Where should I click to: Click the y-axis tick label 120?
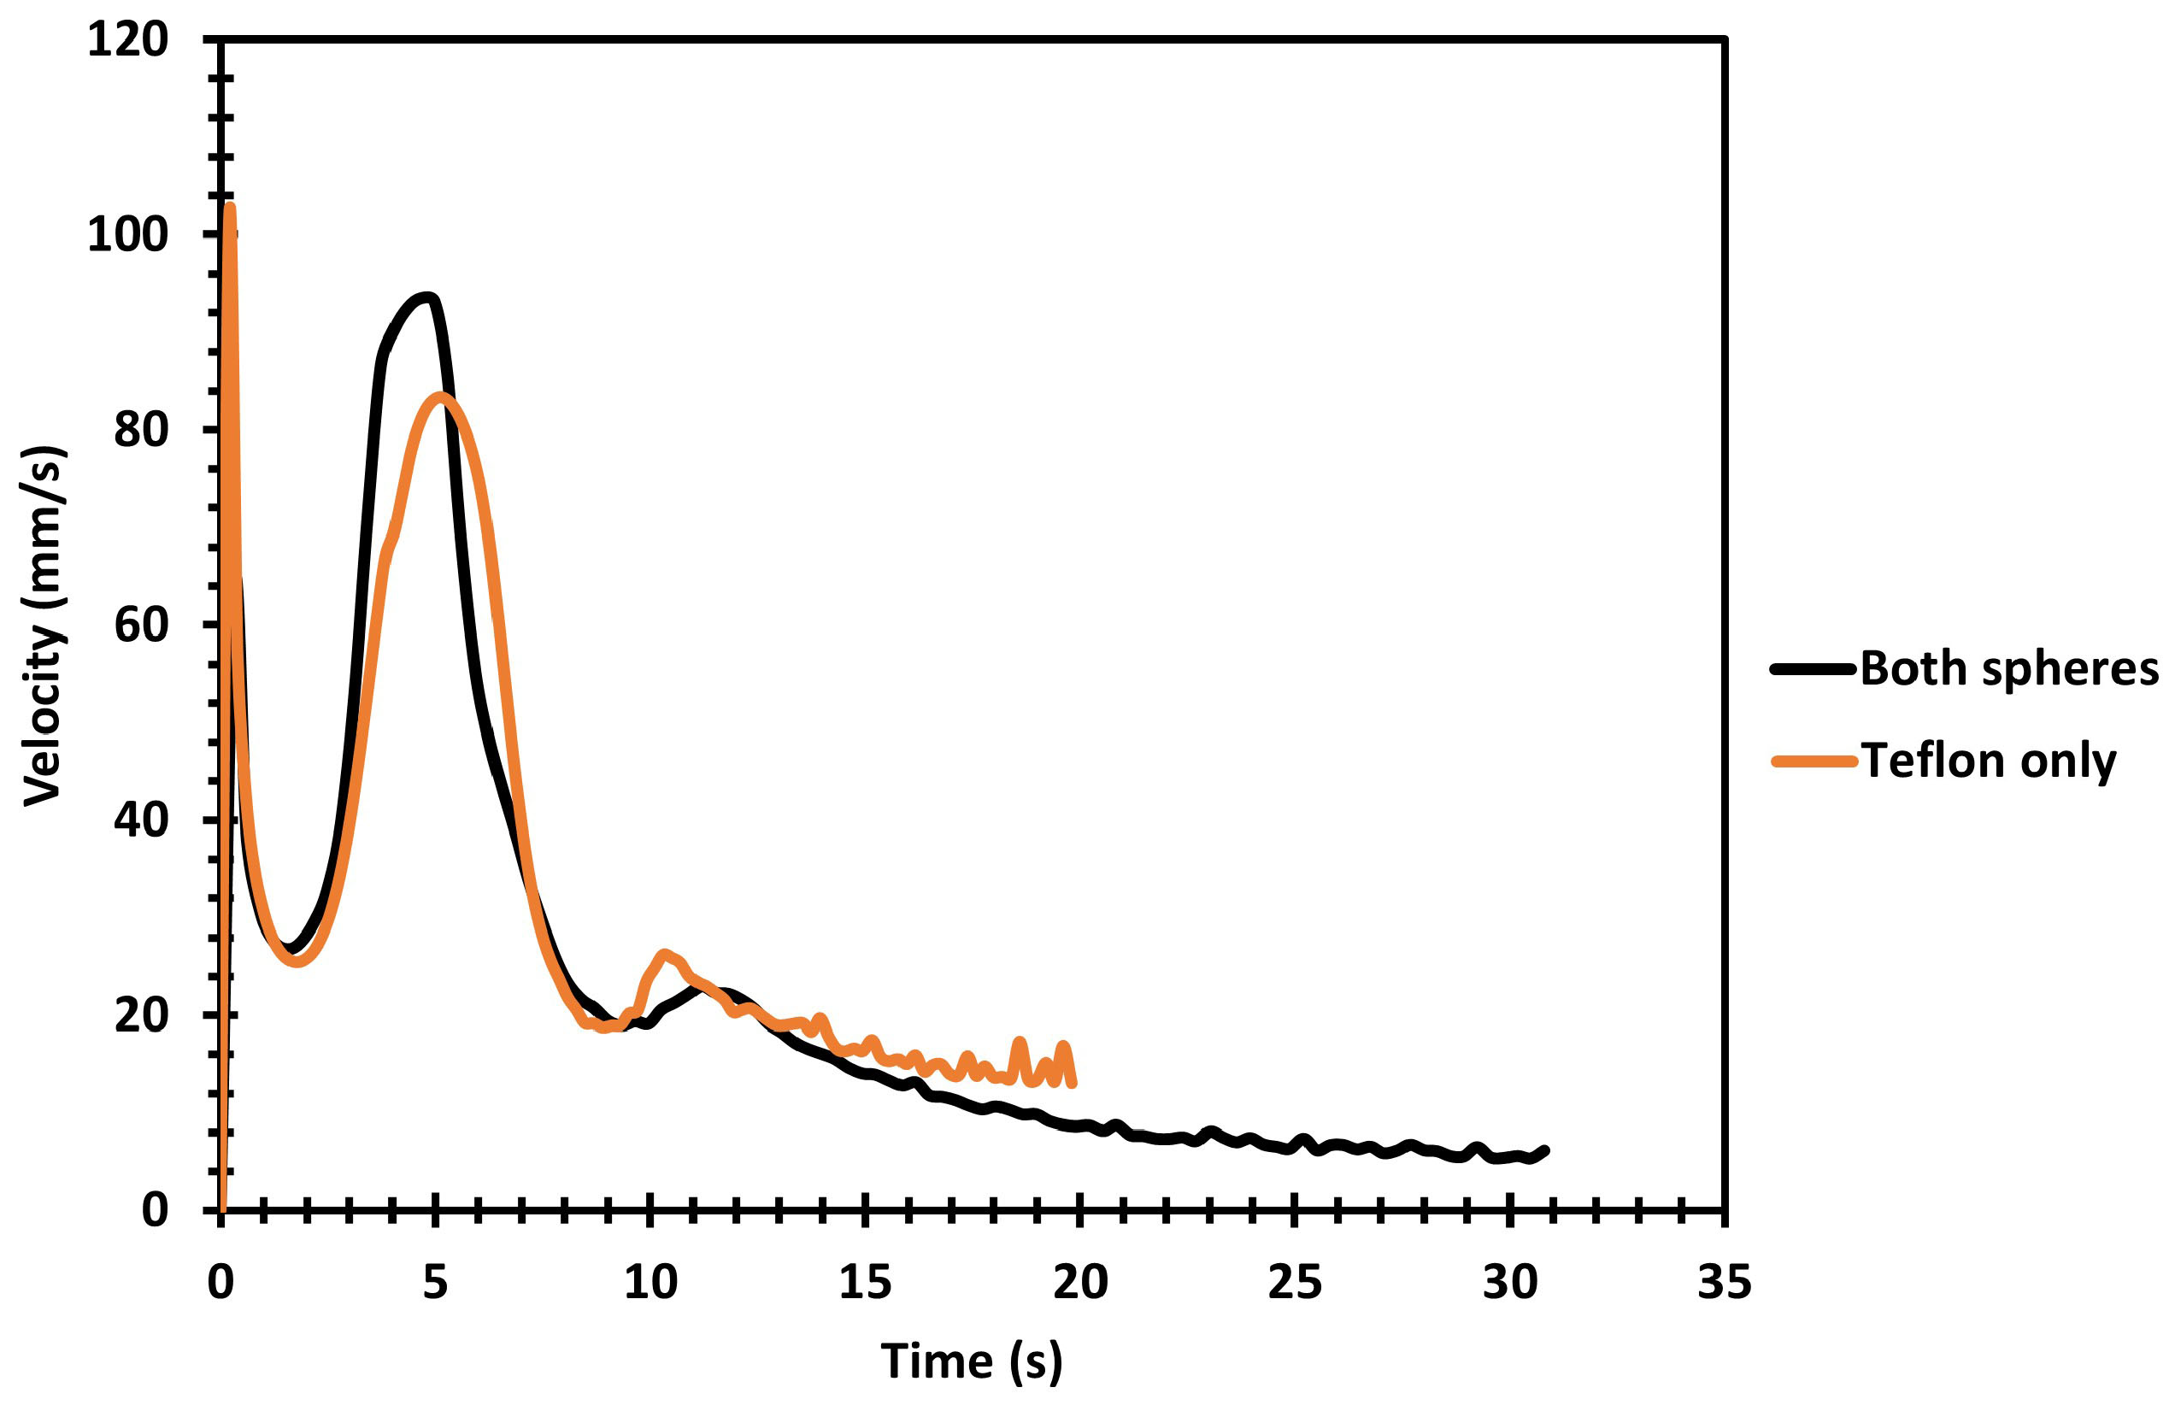coord(127,40)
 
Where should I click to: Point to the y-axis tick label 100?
coord(127,234)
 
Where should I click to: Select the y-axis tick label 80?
coord(141,430)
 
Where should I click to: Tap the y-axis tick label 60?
coord(141,625)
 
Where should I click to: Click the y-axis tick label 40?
coord(141,820)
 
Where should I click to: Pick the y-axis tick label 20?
coord(141,1014)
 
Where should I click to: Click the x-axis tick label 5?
coord(436,1282)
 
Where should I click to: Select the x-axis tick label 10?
coord(650,1282)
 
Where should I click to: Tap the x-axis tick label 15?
coord(865,1282)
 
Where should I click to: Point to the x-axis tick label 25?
coord(1295,1282)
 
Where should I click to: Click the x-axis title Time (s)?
coord(972,1362)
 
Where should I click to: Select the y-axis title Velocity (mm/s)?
coord(44,626)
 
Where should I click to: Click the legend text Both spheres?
coord(2009,669)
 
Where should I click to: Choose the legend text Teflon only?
coord(1989,761)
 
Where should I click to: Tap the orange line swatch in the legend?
coord(1814,761)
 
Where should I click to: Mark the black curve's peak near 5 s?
coord(425,297)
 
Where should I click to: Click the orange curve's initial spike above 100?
coord(230,208)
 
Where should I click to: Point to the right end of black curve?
coord(1544,1150)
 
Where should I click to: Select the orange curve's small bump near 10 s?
coord(664,955)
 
